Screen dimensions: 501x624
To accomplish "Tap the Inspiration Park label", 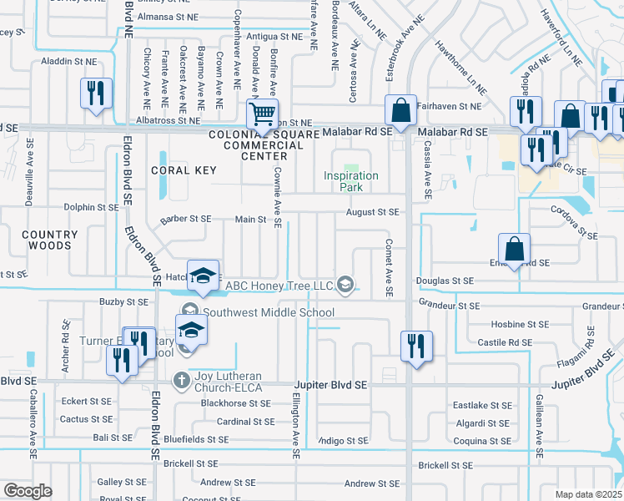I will click(351, 181).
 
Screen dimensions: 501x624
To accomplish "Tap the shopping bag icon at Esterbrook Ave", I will click(400, 111).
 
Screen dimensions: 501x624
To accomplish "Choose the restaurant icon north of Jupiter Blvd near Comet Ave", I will click(415, 345).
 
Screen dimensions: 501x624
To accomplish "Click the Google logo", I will click(28, 491).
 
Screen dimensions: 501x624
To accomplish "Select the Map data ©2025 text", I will click(588, 494).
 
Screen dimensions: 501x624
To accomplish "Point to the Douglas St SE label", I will click(445, 282).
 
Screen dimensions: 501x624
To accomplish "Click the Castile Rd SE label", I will click(505, 342).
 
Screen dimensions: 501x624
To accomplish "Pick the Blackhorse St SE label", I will click(235, 402).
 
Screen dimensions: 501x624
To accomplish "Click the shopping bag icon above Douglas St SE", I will click(514, 249).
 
